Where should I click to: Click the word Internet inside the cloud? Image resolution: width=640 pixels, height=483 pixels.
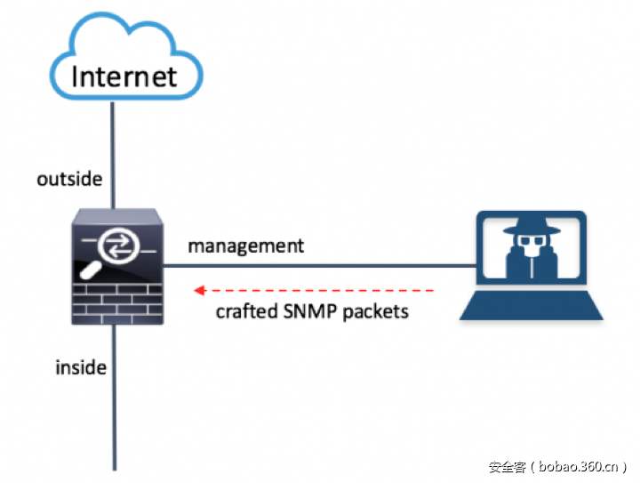click(x=124, y=76)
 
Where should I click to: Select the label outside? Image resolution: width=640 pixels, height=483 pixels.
click(x=69, y=180)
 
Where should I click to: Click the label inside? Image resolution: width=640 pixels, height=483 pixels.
click(x=81, y=367)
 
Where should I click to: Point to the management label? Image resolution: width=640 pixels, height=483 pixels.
click(x=245, y=246)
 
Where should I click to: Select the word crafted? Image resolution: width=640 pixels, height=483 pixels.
click(x=246, y=311)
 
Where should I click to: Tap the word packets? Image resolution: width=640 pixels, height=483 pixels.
click(x=375, y=312)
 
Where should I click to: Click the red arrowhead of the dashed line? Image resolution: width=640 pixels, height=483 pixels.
click(x=200, y=290)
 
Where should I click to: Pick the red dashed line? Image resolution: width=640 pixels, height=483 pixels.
click(x=314, y=290)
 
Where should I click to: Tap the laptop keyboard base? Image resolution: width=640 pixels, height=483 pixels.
click(x=532, y=305)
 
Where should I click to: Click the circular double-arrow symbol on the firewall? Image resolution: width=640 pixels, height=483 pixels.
click(x=118, y=246)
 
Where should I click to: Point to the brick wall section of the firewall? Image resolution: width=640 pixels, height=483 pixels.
click(x=117, y=304)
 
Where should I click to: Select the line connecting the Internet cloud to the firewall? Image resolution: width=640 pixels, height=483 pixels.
click(x=113, y=155)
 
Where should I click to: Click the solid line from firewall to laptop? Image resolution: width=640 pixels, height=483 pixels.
click(x=320, y=265)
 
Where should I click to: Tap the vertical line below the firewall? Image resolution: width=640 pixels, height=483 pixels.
click(x=115, y=398)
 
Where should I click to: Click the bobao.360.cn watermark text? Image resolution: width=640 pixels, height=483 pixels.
click(x=579, y=466)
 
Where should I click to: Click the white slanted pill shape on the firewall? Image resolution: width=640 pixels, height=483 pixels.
click(x=91, y=270)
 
